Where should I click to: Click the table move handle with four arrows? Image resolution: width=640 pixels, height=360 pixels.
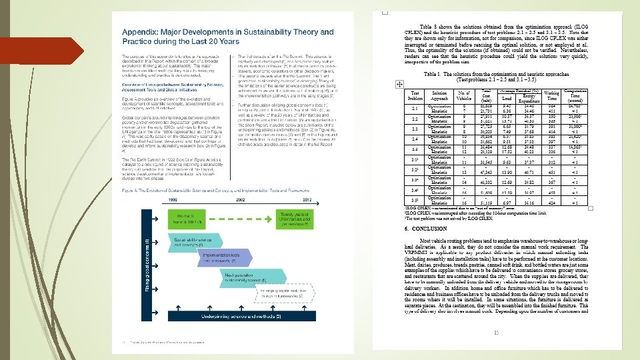pyautogui.click(x=399, y=84)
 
